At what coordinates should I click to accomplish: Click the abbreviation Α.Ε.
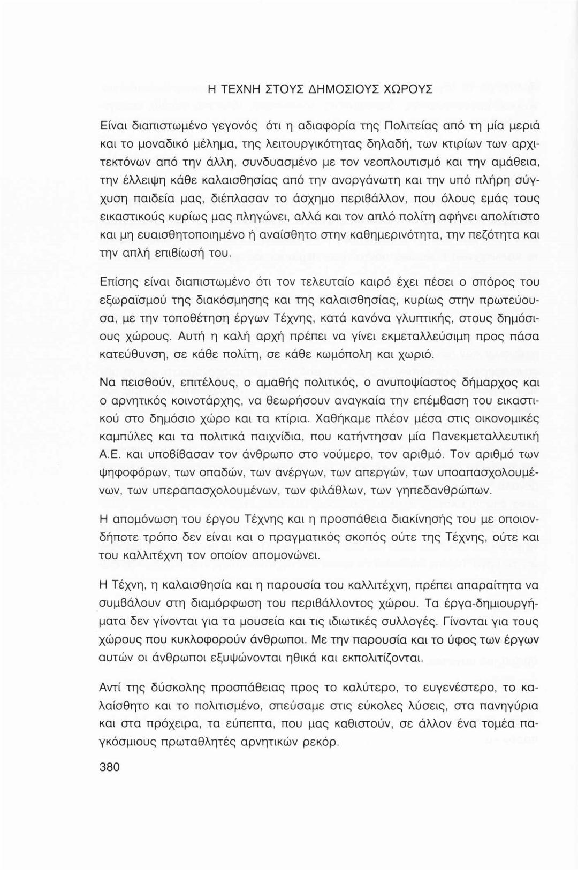point(112,455)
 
